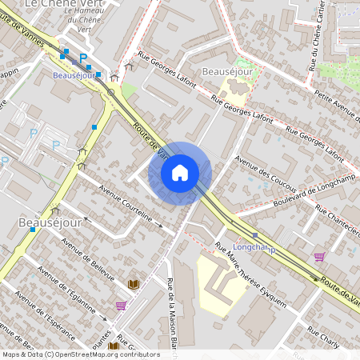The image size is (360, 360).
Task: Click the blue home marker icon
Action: click(180, 173)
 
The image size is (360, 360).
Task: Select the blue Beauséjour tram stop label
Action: click(74, 75)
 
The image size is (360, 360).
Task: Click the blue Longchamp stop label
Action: click(253, 246)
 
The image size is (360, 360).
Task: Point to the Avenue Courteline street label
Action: click(125, 203)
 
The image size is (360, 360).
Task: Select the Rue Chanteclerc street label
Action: click(337, 218)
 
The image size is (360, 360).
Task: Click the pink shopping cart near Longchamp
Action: click(320, 257)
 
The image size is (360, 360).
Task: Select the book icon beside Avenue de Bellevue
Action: click(133, 284)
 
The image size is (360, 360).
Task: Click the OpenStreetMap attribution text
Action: click(80, 354)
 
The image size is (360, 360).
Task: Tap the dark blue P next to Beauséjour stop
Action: click(82, 58)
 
